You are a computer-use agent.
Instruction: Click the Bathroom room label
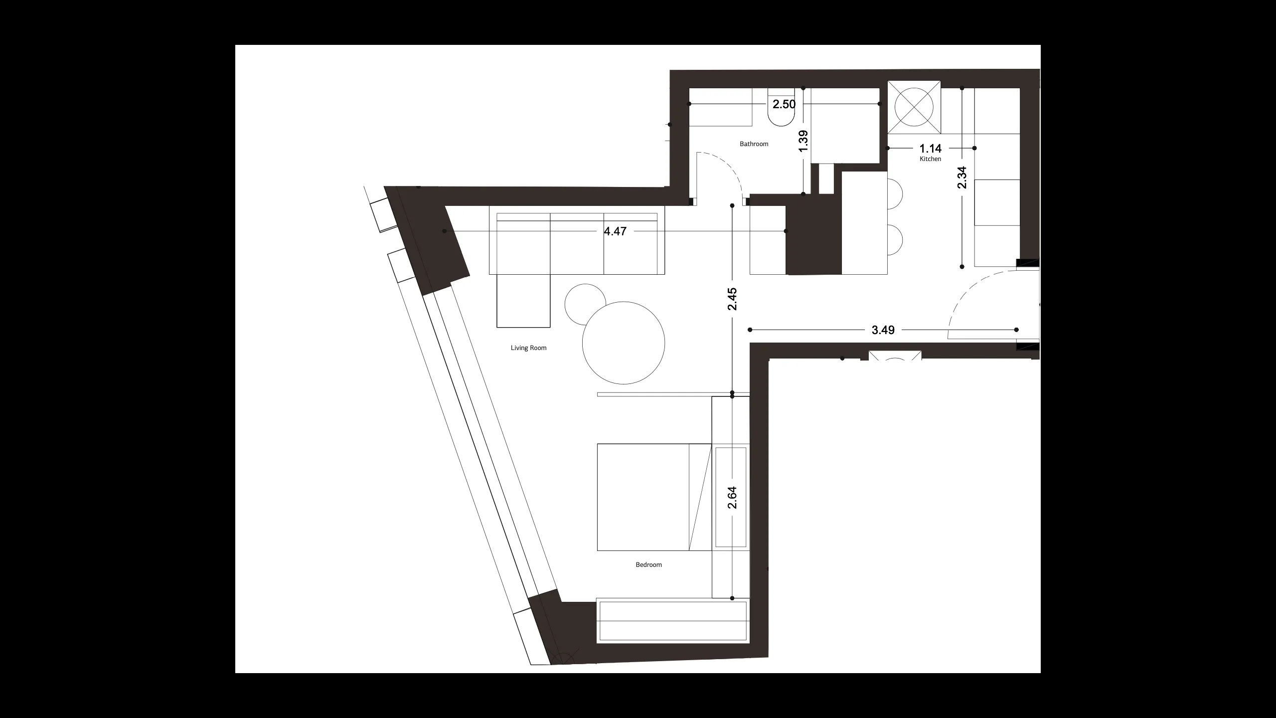pyautogui.click(x=754, y=144)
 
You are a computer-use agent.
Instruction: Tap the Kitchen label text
pyautogui.click(x=931, y=159)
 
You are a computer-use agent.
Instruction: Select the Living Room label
pyautogui.click(x=528, y=348)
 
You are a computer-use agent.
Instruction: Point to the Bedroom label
pyautogui.click(x=648, y=565)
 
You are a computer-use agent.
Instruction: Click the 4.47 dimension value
pyautogui.click(x=615, y=231)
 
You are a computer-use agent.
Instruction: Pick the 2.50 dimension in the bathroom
pyautogui.click(x=784, y=104)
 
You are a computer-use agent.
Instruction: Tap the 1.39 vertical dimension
pyautogui.click(x=803, y=141)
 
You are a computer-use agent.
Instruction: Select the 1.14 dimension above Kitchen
pyautogui.click(x=931, y=148)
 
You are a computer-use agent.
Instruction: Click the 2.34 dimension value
pyautogui.click(x=962, y=178)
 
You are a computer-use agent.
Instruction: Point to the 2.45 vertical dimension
pyautogui.click(x=732, y=299)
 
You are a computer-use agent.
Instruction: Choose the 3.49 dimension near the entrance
pyautogui.click(x=883, y=330)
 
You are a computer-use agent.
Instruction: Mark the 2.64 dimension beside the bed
pyautogui.click(x=732, y=498)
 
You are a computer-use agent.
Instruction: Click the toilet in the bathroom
pyautogui.click(x=782, y=107)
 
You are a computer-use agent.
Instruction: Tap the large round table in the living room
pyautogui.click(x=624, y=343)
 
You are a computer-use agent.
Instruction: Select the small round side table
pyautogui.click(x=585, y=304)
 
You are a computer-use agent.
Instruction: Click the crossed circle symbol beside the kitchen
pyautogui.click(x=914, y=107)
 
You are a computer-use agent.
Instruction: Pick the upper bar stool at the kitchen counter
pyautogui.click(x=895, y=193)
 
